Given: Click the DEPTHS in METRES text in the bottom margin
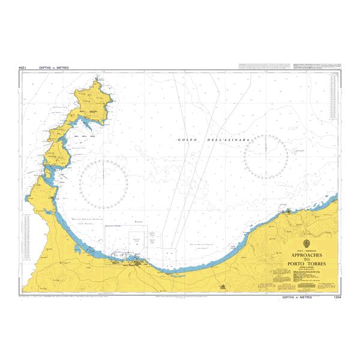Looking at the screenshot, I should click(x=297, y=297).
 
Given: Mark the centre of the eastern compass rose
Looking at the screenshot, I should click(x=266, y=157).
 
